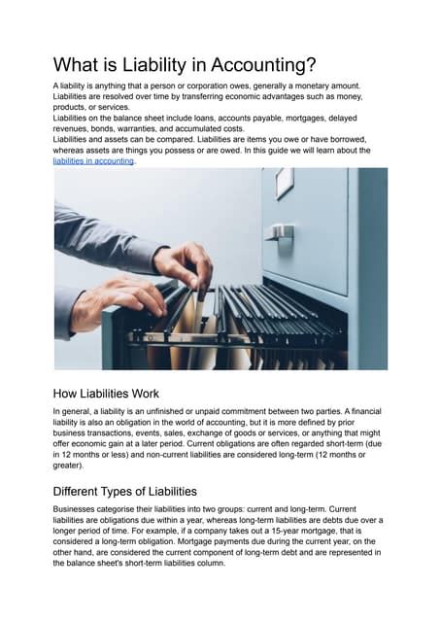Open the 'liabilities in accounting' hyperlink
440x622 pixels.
coord(93,160)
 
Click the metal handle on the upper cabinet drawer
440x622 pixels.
coord(282,232)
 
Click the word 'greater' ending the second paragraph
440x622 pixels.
coord(72,466)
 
